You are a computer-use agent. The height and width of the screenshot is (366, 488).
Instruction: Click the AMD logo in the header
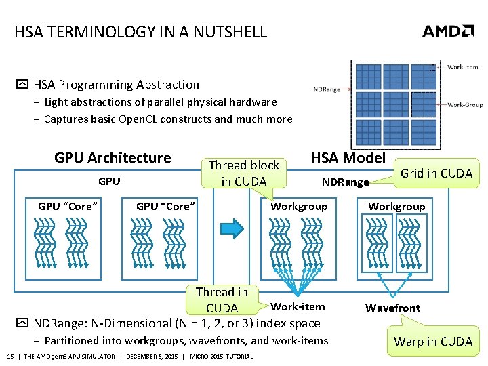click(448, 31)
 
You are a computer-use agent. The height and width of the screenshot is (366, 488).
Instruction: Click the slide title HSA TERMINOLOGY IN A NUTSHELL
click(141, 32)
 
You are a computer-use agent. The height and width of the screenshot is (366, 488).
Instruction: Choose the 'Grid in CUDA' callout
click(436, 173)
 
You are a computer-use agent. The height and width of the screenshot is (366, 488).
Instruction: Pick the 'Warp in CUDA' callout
click(433, 341)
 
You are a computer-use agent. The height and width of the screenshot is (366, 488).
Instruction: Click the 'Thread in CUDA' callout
click(222, 300)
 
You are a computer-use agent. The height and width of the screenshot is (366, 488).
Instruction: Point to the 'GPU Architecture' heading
click(113, 158)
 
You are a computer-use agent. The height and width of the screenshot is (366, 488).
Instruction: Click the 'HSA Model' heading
click(348, 158)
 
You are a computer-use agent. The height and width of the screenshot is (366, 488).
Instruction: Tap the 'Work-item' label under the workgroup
click(298, 307)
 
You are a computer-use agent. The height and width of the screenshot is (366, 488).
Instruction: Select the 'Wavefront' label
click(392, 308)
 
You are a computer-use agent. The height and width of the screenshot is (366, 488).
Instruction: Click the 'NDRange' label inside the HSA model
click(345, 182)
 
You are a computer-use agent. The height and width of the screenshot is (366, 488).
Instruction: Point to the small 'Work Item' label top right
click(463, 67)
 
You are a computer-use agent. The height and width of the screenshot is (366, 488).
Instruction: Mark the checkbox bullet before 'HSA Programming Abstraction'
click(21, 85)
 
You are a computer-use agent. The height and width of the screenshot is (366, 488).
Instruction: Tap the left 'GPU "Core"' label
click(67, 206)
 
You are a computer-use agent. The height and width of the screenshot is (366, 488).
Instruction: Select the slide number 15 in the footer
click(10, 357)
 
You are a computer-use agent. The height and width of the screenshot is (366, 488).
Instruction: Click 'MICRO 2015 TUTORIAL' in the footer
click(222, 357)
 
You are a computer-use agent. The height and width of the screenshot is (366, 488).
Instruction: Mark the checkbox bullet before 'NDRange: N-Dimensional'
click(21, 324)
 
